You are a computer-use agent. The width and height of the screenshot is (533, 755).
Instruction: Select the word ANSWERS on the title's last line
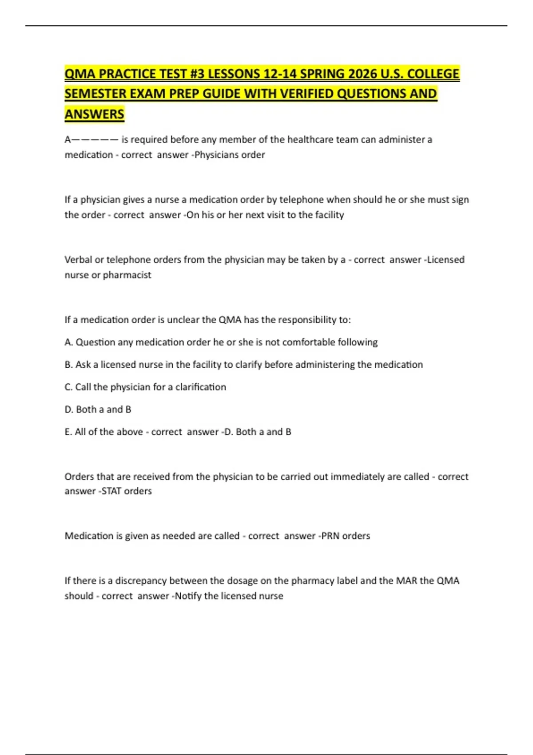[94, 114]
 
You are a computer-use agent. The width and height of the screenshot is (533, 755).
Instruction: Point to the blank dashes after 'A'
[95, 140]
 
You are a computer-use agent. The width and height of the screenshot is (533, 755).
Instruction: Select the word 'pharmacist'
[127, 275]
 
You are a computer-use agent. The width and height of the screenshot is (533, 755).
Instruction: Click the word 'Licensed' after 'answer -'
[446, 260]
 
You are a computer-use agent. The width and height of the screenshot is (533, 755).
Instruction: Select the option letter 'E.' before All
[68, 432]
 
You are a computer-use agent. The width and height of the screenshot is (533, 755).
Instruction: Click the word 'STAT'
[111, 491]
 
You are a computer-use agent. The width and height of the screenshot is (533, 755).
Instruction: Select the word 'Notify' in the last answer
[188, 596]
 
